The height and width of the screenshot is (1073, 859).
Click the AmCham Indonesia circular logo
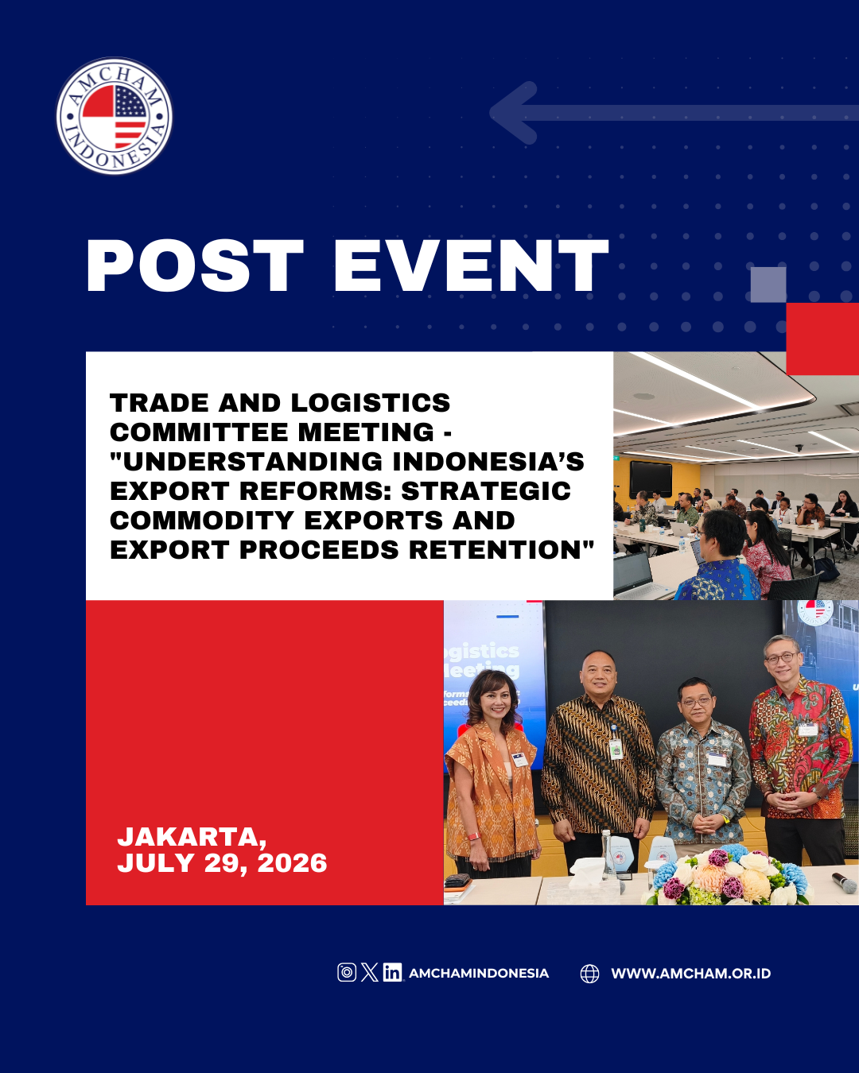(115, 116)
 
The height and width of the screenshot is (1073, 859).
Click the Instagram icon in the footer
(347, 972)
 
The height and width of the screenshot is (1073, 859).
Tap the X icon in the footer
(369, 972)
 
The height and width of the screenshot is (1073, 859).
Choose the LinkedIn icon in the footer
(392, 972)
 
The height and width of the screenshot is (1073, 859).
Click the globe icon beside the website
(589, 974)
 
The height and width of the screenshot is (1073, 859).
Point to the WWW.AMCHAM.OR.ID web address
(691, 974)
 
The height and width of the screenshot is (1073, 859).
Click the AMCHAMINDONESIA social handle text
(479, 974)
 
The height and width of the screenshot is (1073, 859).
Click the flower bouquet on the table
(727, 876)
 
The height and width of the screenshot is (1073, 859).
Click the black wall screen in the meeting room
(651, 478)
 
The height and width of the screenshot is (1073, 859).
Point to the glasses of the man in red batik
(780, 658)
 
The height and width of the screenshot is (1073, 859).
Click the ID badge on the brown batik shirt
(616, 749)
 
